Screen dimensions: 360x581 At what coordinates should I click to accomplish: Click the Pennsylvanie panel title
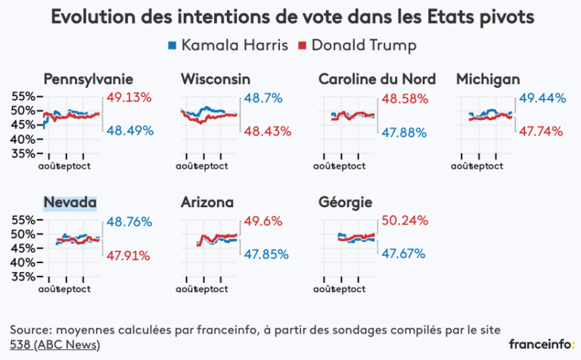tap(89, 79)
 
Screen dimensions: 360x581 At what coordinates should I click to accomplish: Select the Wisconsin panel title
tap(216, 79)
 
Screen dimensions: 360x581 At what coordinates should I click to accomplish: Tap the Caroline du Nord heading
tap(377, 79)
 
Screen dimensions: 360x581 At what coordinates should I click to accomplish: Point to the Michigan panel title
tap(487, 79)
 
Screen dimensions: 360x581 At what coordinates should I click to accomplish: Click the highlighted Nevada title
tap(70, 203)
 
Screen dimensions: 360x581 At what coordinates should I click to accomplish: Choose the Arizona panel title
tap(207, 203)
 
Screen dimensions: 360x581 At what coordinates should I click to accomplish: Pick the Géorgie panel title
tap(345, 203)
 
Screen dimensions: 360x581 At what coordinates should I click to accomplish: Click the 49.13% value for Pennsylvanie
tap(129, 98)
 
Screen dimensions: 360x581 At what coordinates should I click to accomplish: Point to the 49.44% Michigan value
tap(540, 98)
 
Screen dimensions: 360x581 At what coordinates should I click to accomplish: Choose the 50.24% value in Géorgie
tap(405, 222)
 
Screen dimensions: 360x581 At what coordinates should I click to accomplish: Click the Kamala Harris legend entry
tap(228, 45)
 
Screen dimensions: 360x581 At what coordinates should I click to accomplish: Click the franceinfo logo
tap(540, 344)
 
